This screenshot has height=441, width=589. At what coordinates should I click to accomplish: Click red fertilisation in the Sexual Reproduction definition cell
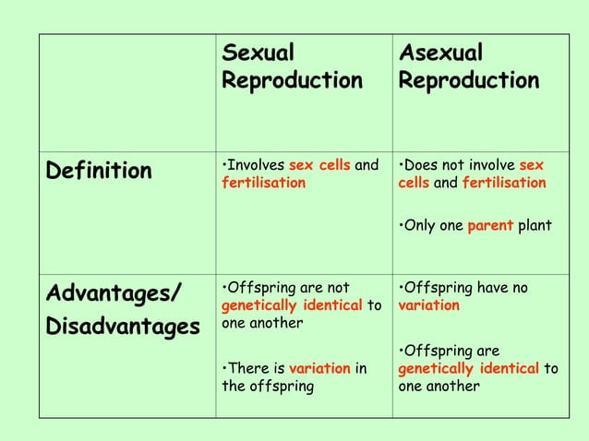tap(264, 183)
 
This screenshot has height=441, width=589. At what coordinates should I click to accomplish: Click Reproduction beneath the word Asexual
tap(468, 82)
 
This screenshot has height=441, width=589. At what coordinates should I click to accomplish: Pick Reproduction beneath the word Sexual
tap(293, 82)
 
